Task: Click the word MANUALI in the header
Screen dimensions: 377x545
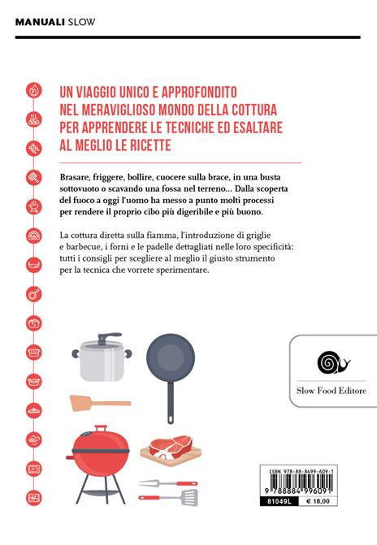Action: (x=40, y=22)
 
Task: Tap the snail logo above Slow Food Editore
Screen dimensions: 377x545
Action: (x=333, y=362)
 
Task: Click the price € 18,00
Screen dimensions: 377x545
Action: (x=317, y=501)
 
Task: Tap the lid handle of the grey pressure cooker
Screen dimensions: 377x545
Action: (x=108, y=338)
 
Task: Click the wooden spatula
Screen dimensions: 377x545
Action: (x=100, y=403)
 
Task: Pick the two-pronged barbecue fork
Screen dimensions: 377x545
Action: (x=168, y=483)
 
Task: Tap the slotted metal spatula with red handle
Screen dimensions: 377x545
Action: (x=169, y=498)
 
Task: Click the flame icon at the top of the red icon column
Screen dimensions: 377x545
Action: (x=34, y=90)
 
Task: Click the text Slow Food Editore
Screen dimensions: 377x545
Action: (x=331, y=391)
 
